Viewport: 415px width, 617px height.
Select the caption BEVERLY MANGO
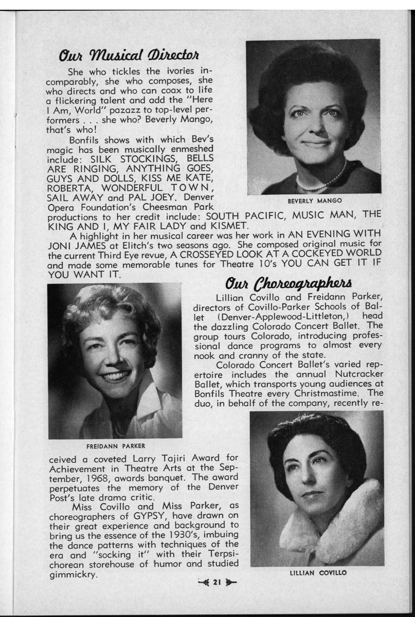315,201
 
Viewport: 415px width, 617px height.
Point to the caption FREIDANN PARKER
115,446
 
